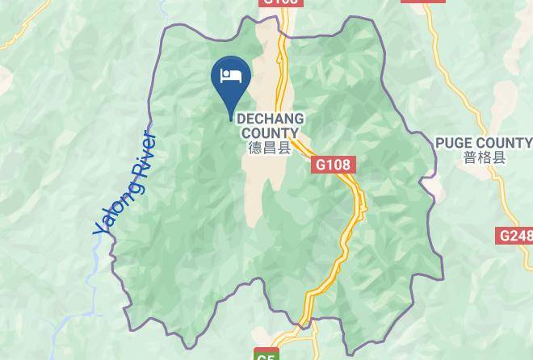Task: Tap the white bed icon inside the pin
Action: click(231, 75)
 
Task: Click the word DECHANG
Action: click(269, 119)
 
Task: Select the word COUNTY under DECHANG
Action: click(270, 133)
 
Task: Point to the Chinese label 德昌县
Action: click(270, 149)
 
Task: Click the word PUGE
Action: click(453, 143)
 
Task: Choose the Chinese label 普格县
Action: click(485, 157)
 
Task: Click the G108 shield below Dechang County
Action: click(333, 165)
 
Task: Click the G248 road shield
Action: click(516, 236)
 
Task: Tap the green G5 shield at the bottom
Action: click(266, 354)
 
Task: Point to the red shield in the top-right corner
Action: click(423, 2)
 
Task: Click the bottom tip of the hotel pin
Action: click(231, 119)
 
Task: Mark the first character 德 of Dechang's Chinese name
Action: click(255, 149)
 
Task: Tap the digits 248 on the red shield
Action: click(521, 236)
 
